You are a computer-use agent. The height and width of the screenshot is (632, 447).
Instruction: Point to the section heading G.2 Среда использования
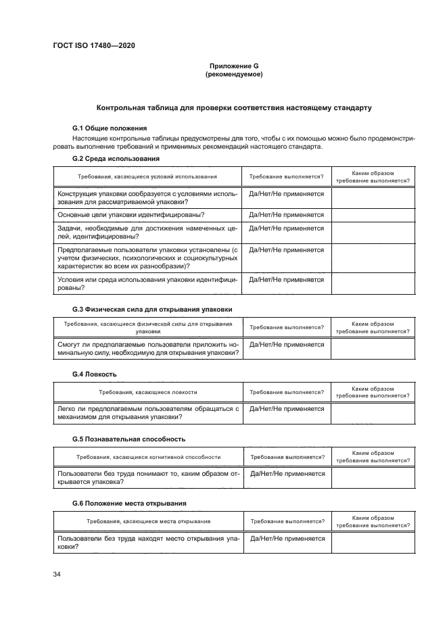[116, 159]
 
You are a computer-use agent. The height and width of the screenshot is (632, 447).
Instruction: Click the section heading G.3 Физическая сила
[152, 309]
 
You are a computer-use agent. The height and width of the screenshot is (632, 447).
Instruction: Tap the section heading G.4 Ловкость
[95, 374]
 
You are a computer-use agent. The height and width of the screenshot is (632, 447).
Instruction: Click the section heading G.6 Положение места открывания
[129, 504]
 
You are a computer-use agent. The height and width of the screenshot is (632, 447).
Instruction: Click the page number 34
[57, 575]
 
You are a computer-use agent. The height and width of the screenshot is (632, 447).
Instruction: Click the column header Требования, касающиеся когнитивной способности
[148, 457]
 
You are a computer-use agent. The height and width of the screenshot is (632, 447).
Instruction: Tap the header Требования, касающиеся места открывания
[148, 522]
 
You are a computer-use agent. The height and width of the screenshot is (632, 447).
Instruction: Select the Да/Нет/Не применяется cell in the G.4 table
[287, 409]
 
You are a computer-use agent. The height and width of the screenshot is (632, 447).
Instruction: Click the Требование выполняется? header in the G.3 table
[287, 327]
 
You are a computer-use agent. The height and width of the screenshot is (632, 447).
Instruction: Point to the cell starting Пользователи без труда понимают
[148, 478]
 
